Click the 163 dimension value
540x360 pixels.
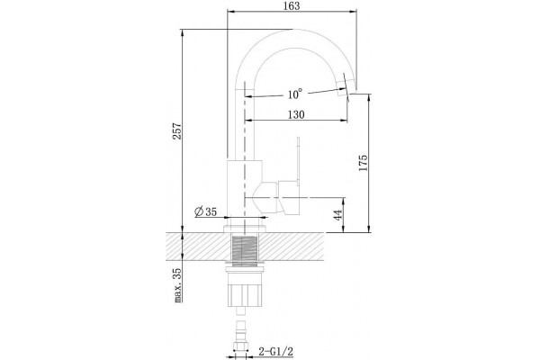[x=292, y=5]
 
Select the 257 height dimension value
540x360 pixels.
[x=177, y=130]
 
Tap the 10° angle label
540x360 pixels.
[x=295, y=94]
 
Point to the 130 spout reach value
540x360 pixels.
[x=296, y=114]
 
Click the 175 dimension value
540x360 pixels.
[x=363, y=163]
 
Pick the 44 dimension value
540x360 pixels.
[x=338, y=215]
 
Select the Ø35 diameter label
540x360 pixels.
[x=206, y=211]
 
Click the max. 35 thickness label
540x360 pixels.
[x=177, y=285]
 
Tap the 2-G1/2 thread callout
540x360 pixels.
[x=276, y=352]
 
